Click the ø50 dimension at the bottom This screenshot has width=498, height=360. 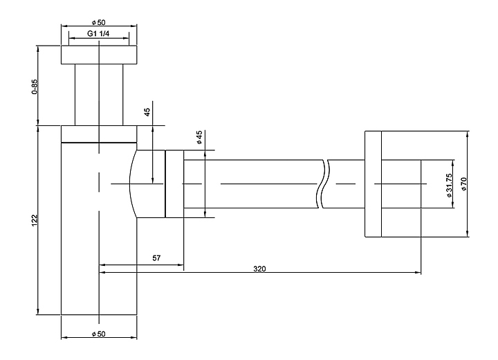coord(98,334)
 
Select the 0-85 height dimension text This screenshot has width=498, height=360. coord(35,87)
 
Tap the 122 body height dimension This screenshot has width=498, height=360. coord(35,220)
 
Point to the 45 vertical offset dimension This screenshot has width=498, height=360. coord(147,113)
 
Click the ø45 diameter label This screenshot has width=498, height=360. coord(199,137)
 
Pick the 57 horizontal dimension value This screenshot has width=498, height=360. coord(156,258)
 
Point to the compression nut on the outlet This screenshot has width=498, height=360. coord(174,184)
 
